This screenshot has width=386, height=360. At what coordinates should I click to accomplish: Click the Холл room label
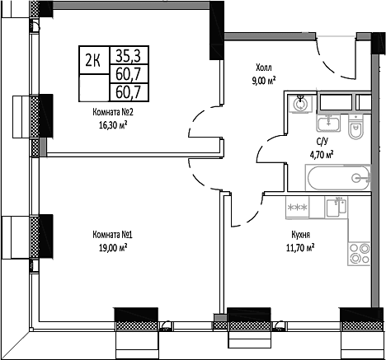(264, 68)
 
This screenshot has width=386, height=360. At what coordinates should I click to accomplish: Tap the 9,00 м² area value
(264, 82)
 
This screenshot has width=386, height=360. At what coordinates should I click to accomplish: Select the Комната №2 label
(113, 112)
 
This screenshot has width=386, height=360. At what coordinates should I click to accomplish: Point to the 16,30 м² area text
(113, 125)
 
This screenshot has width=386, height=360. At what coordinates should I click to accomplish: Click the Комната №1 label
(113, 235)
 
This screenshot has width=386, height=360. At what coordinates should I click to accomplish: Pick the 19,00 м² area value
(113, 248)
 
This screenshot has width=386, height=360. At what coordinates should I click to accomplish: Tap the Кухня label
(301, 235)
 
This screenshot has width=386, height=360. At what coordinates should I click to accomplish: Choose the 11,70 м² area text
(300, 248)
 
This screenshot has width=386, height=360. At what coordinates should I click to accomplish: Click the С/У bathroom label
(322, 142)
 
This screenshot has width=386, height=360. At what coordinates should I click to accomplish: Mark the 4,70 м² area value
(322, 155)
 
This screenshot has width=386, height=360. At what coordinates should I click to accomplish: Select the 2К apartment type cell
(92, 61)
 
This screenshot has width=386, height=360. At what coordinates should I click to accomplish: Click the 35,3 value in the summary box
(128, 56)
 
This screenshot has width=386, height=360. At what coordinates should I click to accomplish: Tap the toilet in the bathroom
(355, 127)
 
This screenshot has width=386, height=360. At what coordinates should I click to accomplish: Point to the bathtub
(337, 178)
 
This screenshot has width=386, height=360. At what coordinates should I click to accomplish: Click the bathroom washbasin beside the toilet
(329, 123)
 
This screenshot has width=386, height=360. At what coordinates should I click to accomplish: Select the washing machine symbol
(300, 105)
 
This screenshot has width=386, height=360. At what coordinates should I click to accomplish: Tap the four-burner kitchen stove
(360, 254)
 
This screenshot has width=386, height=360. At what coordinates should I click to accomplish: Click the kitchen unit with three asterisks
(297, 208)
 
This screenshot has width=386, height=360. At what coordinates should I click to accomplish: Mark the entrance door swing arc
(328, 65)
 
